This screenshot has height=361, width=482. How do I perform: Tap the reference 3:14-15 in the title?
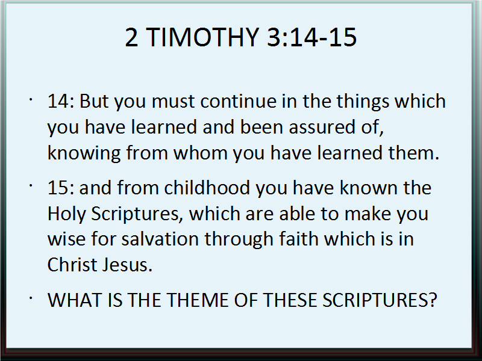click(x=311, y=37)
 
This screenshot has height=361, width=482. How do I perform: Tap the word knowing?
click(x=84, y=153)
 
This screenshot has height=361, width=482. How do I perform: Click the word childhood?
click(x=207, y=187)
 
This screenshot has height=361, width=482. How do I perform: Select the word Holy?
click(x=66, y=214)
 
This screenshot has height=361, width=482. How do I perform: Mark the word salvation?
click(x=160, y=239)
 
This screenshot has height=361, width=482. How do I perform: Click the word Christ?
click(x=72, y=265)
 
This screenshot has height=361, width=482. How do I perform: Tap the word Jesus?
click(x=127, y=265)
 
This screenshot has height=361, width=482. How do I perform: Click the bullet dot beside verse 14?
click(x=31, y=99)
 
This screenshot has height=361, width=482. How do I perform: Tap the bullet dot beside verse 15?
click(x=31, y=185)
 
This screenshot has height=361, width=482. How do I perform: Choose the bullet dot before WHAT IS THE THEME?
click(x=31, y=297)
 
